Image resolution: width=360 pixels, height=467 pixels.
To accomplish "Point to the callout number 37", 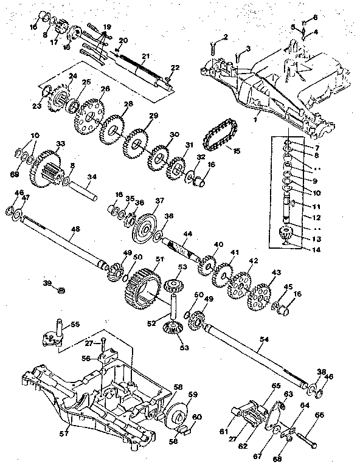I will (x=159, y=200).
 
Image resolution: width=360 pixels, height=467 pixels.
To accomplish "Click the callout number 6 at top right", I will (x=315, y=17).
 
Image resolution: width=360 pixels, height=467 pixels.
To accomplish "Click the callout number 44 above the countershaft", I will (x=187, y=234).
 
